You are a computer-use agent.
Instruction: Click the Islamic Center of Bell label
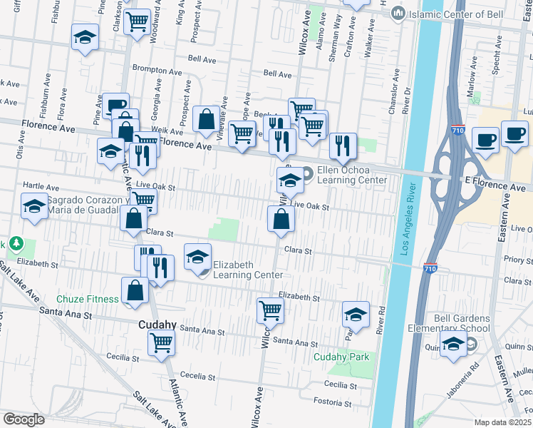(x=443, y=14)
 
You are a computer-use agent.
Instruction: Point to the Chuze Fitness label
(x=88, y=299)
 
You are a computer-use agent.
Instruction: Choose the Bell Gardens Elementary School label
(x=462, y=323)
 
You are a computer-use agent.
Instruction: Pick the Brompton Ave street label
(x=157, y=71)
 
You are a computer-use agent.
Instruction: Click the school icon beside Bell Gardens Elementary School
(x=453, y=344)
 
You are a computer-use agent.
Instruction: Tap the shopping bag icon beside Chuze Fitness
(x=135, y=290)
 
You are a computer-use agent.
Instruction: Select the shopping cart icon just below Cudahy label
(x=161, y=342)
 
